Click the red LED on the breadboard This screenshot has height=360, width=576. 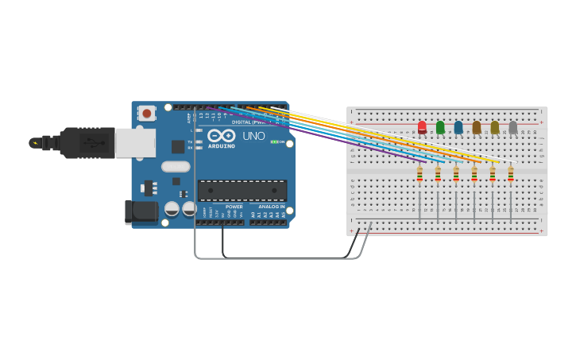[422, 127]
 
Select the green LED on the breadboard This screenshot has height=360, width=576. [440, 127]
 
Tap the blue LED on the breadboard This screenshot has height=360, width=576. [458, 127]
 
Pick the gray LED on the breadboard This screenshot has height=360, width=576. [513, 127]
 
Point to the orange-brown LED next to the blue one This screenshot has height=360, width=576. [477, 127]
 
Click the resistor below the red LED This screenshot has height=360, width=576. [419, 174]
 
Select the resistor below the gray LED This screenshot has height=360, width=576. [511, 174]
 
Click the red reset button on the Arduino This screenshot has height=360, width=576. [147, 114]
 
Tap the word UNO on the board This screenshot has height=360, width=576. [253, 136]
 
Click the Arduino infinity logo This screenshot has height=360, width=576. [221, 135]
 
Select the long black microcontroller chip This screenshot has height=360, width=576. [242, 191]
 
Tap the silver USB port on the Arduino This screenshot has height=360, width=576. [135, 143]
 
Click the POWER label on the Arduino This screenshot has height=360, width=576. [234, 207]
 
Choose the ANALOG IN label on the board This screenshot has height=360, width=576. [271, 207]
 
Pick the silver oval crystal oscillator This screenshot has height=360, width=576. [176, 167]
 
